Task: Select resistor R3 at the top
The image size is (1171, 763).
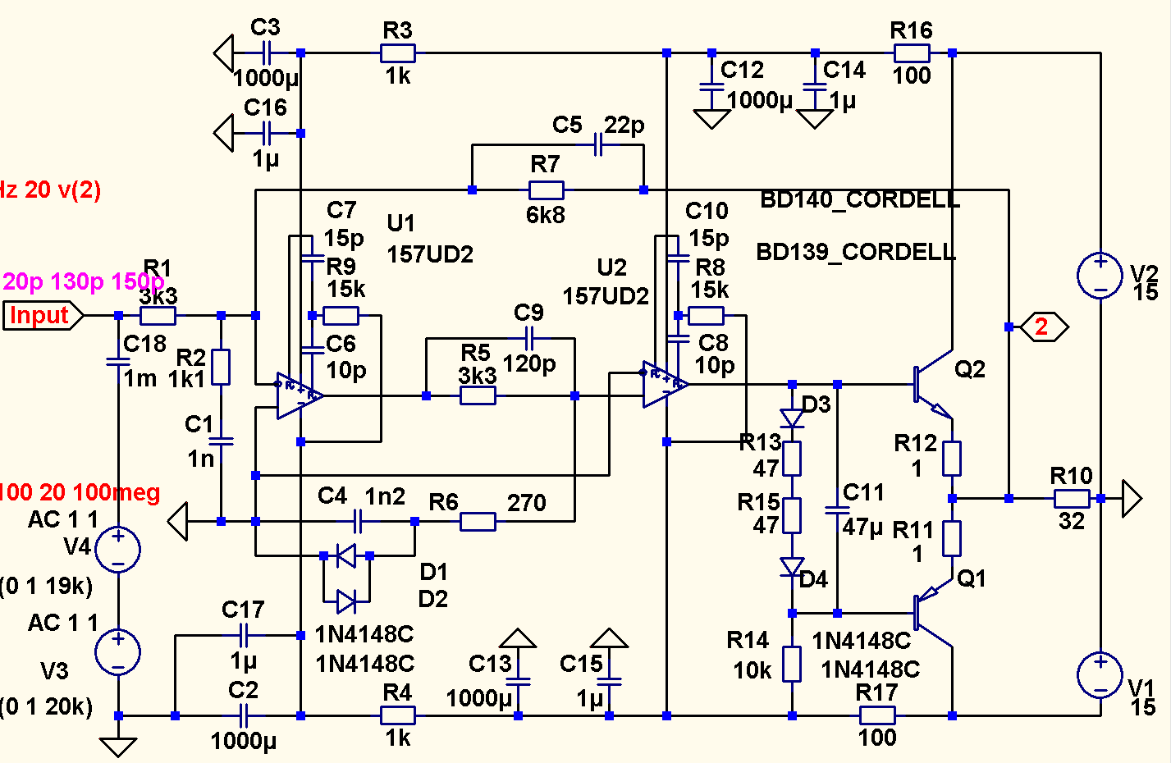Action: pos(397,54)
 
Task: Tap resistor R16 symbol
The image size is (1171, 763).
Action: pos(911,54)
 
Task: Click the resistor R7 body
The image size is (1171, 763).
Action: pos(546,190)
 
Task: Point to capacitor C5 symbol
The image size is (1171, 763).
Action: pos(598,146)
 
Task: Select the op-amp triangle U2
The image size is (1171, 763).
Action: pos(664,384)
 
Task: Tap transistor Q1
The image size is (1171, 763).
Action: pos(931,612)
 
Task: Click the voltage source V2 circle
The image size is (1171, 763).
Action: pos(1099,276)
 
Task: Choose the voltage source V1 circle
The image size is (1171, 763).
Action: pos(1099,674)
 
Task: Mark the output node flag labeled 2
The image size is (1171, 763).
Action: pos(1042,327)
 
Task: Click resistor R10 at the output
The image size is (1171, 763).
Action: pos(1072,498)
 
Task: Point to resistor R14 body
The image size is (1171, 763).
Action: pos(792,664)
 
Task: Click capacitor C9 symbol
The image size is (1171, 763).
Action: pos(529,337)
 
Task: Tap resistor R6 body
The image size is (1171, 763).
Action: pos(478,521)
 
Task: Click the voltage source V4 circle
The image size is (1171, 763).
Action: pos(118,549)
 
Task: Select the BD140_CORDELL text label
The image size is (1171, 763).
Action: pos(860,200)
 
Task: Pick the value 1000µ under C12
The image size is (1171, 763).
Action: pos(760,101)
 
